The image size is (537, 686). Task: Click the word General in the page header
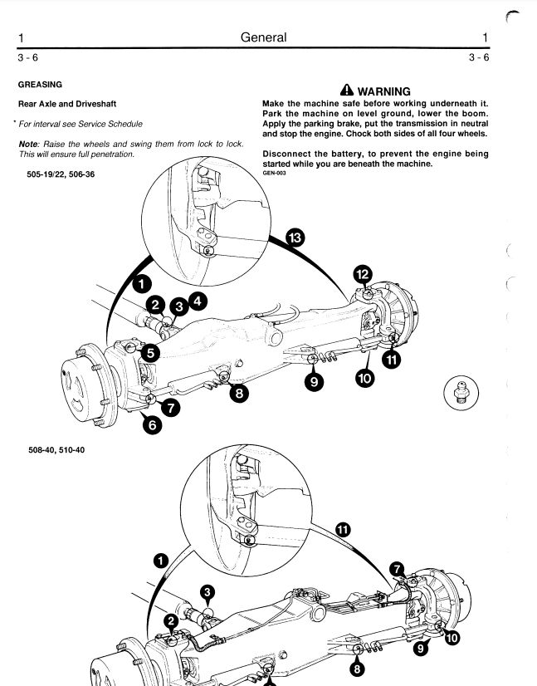coord(263,37)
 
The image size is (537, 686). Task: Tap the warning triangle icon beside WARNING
coord(344,91)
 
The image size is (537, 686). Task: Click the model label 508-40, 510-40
coord(56,449)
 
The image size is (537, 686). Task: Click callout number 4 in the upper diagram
coord(197,301)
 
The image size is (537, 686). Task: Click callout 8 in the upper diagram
coord(239,394)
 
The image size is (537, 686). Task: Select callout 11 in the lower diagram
coord(343,528)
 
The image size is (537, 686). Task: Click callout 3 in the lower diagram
coord(209,591)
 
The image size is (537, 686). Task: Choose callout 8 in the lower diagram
coord(357,668)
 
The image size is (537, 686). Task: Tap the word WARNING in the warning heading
coord(384,91)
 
